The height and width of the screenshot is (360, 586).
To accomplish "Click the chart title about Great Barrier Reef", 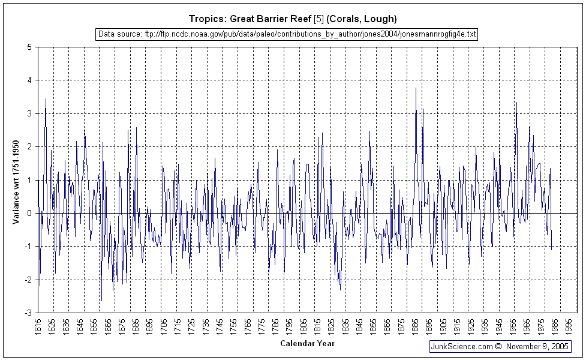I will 293,19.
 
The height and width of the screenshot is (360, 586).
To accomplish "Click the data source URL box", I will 287,34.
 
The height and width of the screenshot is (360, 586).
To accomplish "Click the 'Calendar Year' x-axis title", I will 308,344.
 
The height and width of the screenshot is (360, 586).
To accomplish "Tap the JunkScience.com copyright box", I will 500,347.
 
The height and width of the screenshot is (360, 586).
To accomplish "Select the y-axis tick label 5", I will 29,47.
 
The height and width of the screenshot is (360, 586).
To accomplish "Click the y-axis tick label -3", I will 28,313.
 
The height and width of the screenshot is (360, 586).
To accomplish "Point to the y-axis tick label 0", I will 29,213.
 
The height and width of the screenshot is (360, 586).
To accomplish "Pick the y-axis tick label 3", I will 29,113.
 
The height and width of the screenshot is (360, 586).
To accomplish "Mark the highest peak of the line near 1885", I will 416,88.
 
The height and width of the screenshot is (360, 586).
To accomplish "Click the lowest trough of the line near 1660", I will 101,301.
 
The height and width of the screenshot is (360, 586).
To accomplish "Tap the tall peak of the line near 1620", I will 46,98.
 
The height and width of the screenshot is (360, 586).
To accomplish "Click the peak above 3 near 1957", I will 516,102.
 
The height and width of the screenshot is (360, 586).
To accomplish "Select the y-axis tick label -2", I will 28,280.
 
